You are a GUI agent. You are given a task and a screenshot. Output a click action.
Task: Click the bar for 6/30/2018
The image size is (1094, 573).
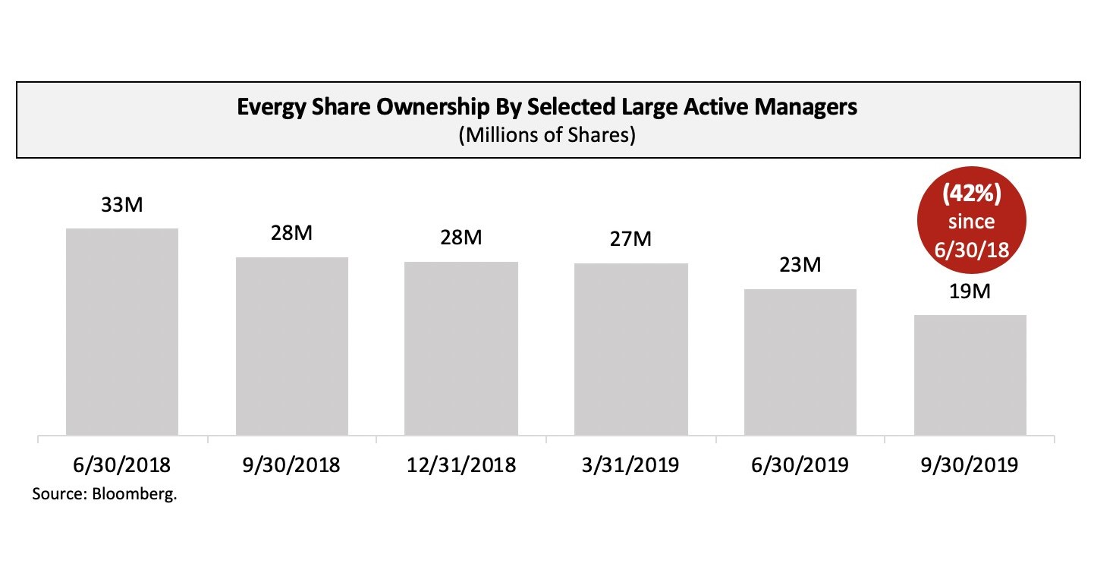coord(122,332)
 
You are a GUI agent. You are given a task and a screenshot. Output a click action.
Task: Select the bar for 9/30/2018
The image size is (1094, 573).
coord(292,346)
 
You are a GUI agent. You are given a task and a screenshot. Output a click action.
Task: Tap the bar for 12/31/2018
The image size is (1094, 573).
coord(461,348)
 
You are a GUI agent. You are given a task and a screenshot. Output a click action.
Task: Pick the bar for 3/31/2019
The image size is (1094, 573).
coord(631,349)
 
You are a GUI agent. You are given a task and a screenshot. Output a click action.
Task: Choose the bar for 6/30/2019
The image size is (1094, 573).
coord(800,362)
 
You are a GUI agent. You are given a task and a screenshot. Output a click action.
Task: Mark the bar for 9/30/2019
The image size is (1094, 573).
coord(970,375)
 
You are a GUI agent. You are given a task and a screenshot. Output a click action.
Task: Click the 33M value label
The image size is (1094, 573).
coord(122,205)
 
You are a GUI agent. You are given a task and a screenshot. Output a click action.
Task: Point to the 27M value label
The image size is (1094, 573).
coord(631,240)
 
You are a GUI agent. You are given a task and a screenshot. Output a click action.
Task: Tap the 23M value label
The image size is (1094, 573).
coord(800,266)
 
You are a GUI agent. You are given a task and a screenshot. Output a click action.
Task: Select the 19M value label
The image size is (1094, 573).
coord(970,291)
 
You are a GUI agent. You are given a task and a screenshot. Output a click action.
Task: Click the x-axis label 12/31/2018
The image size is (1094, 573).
coord(461,464)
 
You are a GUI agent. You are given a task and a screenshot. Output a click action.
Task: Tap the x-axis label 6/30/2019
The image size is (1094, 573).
coord(800,464)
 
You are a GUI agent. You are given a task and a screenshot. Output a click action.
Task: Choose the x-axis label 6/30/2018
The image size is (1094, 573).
coord(122,464)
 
